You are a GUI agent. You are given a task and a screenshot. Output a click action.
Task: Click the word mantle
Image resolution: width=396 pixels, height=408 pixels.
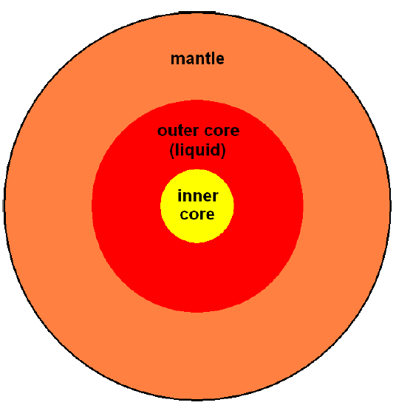click(x=197, y=58)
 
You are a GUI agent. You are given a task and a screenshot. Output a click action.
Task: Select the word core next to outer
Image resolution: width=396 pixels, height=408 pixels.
click(x=222, y=131)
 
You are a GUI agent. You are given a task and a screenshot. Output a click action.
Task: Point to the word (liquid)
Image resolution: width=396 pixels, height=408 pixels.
click(x=197, y=150)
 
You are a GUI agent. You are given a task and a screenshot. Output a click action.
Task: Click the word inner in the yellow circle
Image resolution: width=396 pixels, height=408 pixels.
click(x=197, y=196)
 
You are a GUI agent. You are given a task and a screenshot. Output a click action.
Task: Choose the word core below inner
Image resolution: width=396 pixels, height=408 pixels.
click(x=197, y=214)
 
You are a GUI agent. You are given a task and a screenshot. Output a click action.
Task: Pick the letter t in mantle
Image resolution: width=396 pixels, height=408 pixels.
click(x=207, y=59)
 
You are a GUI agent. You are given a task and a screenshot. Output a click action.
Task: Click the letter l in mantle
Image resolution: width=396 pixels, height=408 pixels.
click(x=212, y=58)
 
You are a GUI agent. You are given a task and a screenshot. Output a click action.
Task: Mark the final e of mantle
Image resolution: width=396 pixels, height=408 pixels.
click(x=219, y=60)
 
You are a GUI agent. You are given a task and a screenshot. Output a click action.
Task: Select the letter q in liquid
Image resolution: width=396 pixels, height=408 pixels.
click(x=191, y=152)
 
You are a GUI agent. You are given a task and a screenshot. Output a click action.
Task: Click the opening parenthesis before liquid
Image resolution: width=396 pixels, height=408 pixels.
click(x=171, y=150)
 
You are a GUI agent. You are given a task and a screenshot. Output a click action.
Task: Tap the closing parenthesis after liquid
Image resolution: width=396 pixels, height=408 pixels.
click(x=223, y=150)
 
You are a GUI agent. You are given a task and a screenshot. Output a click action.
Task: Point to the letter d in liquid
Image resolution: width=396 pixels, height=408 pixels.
click(x=214, y=149)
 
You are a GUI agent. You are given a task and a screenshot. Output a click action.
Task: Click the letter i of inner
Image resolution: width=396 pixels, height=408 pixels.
click(x=180, y=196)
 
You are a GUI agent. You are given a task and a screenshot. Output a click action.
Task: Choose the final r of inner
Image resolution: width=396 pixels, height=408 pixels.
click(x=215, y=197)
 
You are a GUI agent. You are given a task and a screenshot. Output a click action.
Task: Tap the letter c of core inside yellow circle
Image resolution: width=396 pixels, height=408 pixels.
click(x=184, y=214)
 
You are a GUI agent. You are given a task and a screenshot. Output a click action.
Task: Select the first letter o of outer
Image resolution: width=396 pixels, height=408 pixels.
click(x=162, y=132)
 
